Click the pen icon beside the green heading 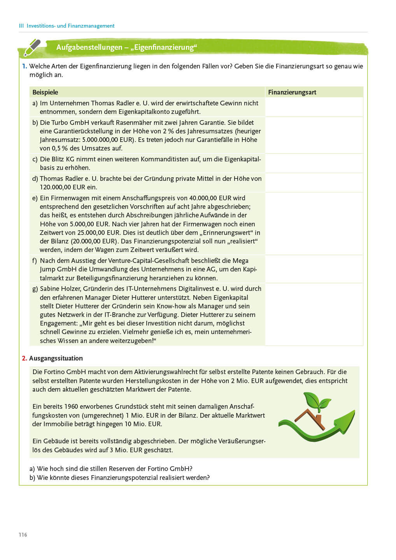coord(32,47)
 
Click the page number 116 coord(23,535)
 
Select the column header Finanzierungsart coord(292,92)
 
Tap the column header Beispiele coord(45,92)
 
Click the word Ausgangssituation coord(56,358)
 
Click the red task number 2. coord(24,358)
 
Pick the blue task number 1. coord(24,66)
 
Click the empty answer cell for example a coord(314,107)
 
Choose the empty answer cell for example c coord(314,163)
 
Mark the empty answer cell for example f coord(314,269)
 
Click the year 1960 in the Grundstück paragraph coord(71,406)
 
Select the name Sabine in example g coord(50,289)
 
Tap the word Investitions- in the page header coord(41,26)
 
